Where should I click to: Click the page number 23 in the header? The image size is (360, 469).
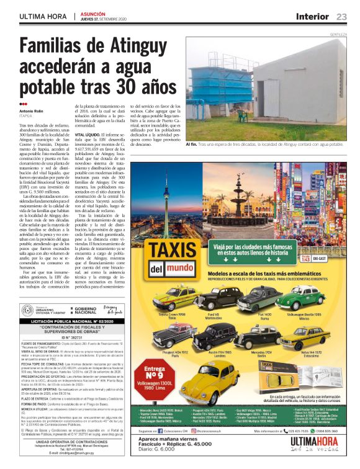(x=342, y=16)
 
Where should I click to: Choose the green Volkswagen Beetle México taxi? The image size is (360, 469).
(x=300, y=297)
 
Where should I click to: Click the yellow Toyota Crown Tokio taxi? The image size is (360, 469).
(x=175, y=297)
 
